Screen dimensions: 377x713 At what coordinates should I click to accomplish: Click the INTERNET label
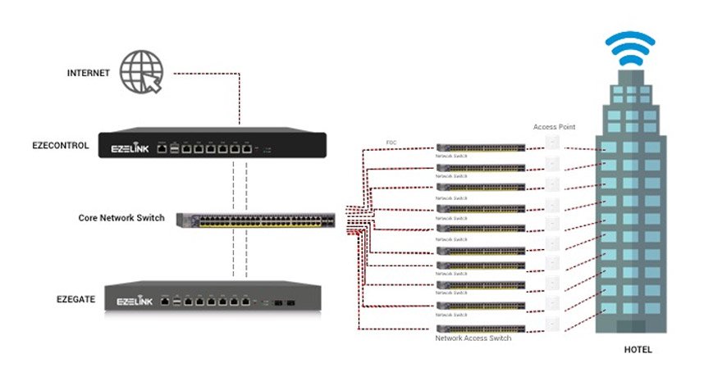88,73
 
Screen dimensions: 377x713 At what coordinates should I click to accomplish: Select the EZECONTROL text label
62,145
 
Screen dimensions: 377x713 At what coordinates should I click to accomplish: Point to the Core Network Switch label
121,218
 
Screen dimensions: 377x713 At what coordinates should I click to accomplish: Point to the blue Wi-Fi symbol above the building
630,49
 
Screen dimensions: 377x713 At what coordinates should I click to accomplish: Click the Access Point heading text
555,127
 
